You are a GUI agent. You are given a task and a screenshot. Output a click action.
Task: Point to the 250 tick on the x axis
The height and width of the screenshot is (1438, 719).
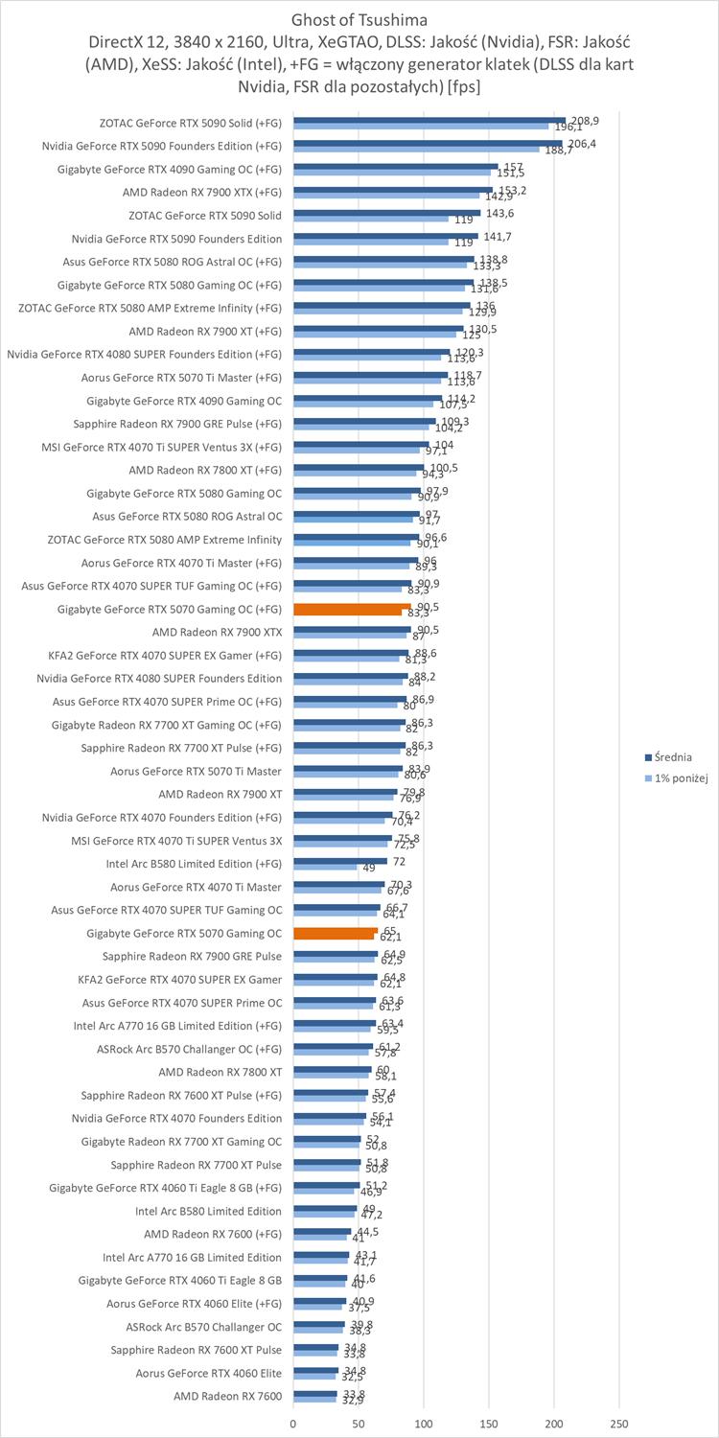tap(619, 1424)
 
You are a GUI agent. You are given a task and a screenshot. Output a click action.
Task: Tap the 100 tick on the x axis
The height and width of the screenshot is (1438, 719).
tap(424, 1424)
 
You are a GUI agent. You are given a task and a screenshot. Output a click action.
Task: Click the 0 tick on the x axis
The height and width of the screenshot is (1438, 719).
tap(293, 1424)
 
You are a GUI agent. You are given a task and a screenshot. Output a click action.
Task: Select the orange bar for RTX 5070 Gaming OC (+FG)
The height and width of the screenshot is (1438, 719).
tap(351, 608)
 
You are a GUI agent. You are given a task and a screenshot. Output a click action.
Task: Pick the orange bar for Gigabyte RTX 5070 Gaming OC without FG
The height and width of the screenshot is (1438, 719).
tap(336, 932)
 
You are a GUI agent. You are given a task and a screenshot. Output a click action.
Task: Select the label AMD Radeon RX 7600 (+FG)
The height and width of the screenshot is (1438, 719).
tap(213, 1234)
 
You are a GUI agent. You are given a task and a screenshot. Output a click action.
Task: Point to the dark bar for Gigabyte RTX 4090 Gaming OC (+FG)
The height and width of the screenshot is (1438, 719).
tap(395, 166)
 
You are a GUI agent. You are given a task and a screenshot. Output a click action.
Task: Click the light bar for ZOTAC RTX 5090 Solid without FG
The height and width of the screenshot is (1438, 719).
tap(371, 220)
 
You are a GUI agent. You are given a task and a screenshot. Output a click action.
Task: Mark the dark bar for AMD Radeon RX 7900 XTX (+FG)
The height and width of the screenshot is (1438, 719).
tap(392, 189)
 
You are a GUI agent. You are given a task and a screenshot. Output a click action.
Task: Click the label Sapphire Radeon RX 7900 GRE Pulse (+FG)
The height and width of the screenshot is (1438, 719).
tap(177, 423)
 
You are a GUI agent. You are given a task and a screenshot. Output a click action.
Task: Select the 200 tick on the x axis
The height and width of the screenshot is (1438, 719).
tap(554, 1424)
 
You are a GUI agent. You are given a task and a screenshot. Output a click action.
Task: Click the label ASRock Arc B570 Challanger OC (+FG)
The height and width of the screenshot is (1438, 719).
tap(189, 1049)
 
